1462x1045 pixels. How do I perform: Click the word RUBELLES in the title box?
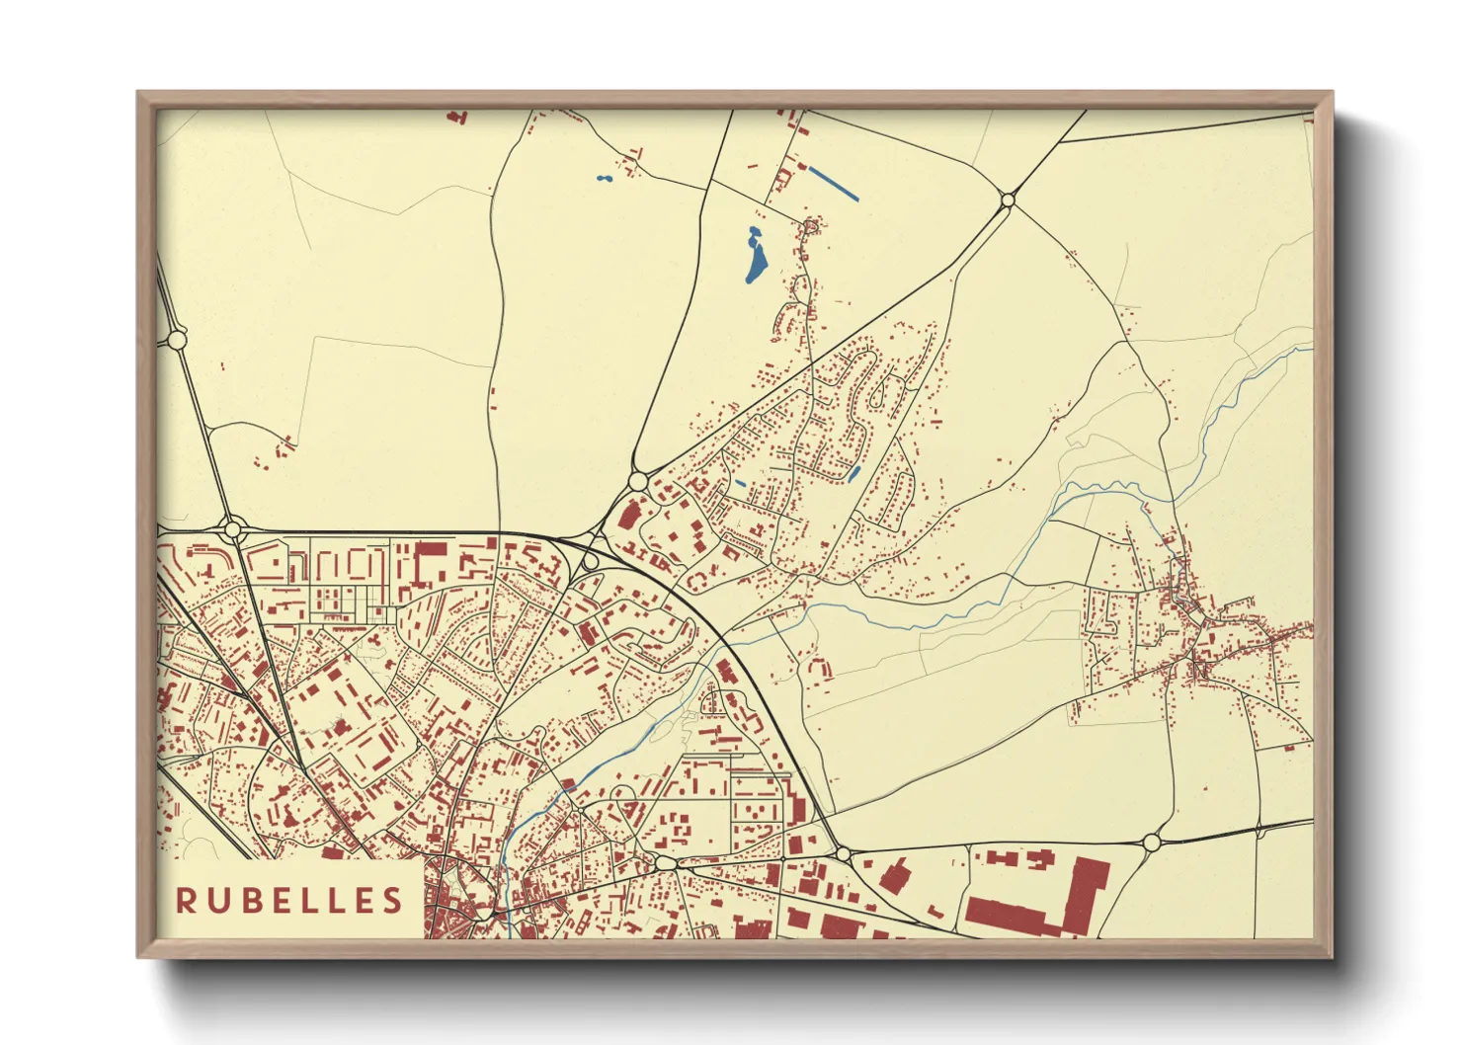289,900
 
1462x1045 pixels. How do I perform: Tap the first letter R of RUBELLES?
185,900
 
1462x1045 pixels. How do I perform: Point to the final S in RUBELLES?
394,900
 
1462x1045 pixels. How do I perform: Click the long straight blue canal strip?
833,184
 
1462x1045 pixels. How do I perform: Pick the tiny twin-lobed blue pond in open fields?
604,180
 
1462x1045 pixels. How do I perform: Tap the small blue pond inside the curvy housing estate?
854,474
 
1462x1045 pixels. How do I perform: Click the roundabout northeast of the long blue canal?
1008,201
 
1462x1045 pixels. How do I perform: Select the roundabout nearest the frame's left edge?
178,340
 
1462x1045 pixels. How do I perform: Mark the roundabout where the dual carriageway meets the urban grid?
233,530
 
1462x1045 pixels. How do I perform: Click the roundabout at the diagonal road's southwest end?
637,481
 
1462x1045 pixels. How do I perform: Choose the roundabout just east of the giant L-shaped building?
1151,843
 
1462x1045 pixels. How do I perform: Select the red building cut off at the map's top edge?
456,117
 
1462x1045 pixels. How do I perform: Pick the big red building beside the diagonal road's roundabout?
628,514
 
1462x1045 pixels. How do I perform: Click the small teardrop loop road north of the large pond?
811,228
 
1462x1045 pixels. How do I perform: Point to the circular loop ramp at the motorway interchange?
591,562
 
